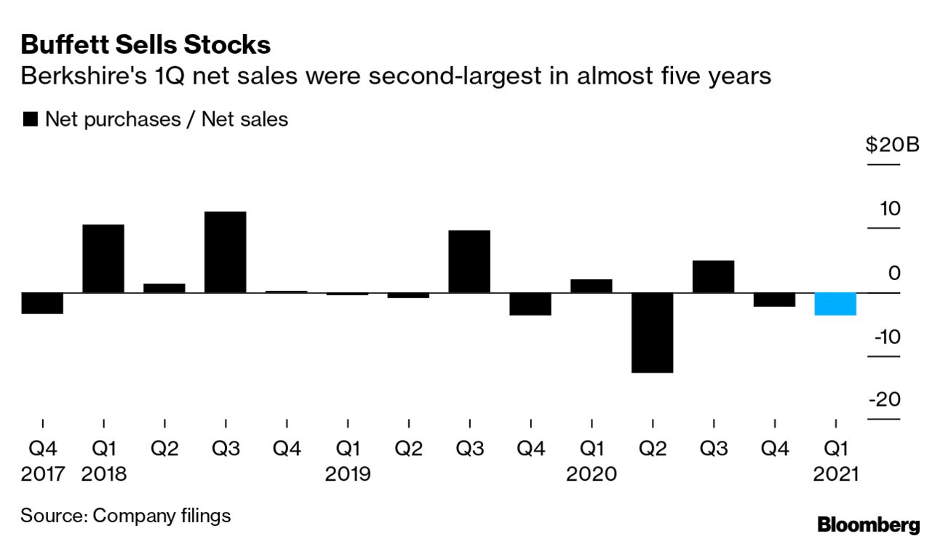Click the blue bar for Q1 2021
point(835,304)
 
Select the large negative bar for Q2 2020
point(653,332)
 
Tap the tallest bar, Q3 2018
point(226,252)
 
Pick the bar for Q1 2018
point(103,259)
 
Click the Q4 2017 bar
point(42,303)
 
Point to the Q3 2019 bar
point(469,262)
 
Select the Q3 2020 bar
point(713,276)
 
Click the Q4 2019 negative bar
point(530,304)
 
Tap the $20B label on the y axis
point(893,145)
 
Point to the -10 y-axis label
point(885,337)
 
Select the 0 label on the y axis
point(894,273)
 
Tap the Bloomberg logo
point(868,525)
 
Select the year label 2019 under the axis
point(348,474)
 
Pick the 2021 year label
point(835,474)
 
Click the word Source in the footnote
point(52,516)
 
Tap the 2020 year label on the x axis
point(592,474)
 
